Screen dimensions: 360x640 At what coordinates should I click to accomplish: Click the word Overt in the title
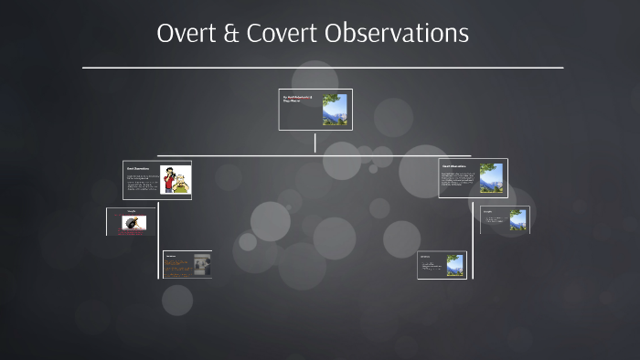(187, 34)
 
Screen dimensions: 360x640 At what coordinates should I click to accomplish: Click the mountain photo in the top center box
(335, 110)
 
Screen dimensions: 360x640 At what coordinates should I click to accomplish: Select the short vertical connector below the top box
(315, 143)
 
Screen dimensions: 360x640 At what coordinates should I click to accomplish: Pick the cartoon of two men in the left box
(175, 180)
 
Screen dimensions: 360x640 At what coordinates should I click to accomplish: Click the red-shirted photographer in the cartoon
(169, 181)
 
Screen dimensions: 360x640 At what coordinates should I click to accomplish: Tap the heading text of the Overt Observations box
(138, 167)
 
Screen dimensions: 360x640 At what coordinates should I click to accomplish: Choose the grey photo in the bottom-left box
(201, 265)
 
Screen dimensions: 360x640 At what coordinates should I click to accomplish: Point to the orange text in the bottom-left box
(176, 266)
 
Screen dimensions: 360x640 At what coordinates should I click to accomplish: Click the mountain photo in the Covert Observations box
(491, 178)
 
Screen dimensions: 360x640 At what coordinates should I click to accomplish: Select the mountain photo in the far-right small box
(517, 220)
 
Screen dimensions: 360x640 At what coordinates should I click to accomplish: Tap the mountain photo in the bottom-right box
(454, 265)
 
